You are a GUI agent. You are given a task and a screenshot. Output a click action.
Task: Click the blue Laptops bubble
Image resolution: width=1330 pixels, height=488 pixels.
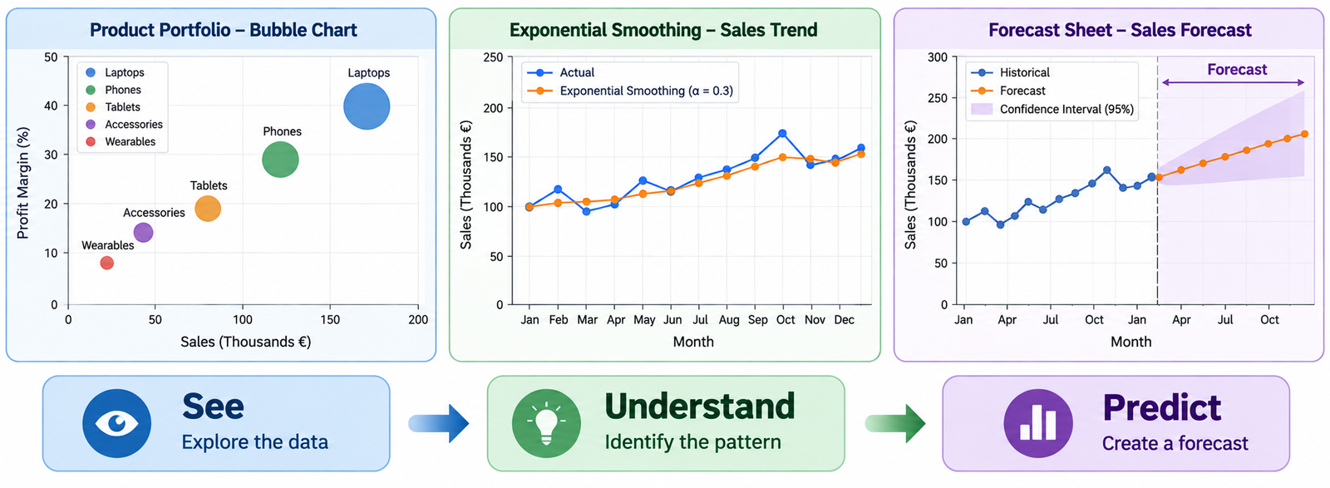click(x=367, y=106)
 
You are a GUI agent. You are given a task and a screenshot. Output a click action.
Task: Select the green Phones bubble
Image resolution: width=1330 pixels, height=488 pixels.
click(x=280, y=159)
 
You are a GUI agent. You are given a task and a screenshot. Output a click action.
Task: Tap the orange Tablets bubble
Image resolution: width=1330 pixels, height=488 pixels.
click(x=208, y=209)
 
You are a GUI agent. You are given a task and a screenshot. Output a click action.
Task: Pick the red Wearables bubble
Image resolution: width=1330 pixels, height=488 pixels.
click(x=107, y=263)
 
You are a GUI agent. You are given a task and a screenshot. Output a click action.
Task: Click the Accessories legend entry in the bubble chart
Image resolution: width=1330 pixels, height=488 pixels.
click(x=124, y=124)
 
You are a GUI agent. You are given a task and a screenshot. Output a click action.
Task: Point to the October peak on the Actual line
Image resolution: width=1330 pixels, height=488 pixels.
click(x=782, y=134)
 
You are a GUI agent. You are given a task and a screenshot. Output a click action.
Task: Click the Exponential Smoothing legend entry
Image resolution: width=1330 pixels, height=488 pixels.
click(x=631, y=91)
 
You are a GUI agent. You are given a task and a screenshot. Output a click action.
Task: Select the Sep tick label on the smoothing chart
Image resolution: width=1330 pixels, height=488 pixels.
click(x=757, y=320)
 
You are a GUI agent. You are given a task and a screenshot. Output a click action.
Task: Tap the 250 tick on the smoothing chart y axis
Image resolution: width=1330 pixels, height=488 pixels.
click(x=493, y=57)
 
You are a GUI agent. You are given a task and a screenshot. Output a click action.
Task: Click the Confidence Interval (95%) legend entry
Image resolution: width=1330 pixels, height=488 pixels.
click(x=1052, y=109)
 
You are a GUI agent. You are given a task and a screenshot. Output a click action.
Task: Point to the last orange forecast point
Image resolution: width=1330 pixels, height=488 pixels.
click(x=1304, y=134)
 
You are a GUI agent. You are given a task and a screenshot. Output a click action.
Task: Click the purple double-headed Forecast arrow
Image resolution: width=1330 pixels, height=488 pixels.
click(x=1233, y=82)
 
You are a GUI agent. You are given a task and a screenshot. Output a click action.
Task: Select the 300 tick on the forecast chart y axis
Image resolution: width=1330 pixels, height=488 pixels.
click(x=938, y=57)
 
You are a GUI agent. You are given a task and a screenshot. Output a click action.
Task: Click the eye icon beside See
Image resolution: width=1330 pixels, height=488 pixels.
click(x=116, y=423)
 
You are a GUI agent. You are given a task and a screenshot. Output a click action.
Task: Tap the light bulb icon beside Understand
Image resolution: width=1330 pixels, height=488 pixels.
click(x=546, y=423)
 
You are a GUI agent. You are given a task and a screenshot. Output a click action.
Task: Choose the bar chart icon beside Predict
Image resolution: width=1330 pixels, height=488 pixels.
click(x=1038, y=423)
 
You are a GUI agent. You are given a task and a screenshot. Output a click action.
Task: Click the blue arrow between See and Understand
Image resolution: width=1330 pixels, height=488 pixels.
click(x=439, y=423)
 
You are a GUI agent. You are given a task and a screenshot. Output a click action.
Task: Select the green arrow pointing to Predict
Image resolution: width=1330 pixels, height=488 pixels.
click(x=894, y=423)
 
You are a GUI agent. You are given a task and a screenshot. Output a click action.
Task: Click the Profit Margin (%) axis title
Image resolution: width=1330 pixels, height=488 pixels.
click(x=22, y=183)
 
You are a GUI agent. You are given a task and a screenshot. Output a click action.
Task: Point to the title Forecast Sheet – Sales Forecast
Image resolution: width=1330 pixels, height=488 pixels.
click(x=1120, y=30)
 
